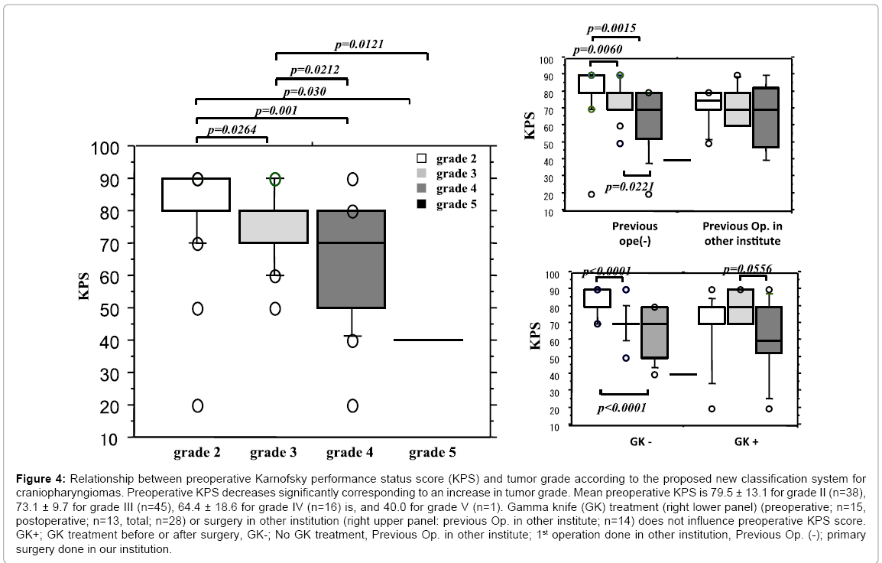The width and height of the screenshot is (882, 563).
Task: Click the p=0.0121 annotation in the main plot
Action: pyautogui.click(x=359, y=44)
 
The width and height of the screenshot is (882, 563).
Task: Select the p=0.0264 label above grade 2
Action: pyautogui.click(x=232, y=129)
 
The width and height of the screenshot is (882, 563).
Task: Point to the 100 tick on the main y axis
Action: pyautogui.click(x=105, y=148)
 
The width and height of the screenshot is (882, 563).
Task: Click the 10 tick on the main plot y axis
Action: pyautogui.click(x=110, y=438)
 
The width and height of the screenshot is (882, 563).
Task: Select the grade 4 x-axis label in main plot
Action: pyautogui.click(x=349, y=452)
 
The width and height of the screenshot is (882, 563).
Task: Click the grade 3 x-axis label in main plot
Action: pyautogui.click(x=273, y=452)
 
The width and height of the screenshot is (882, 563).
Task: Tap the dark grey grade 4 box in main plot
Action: pyautogui.click(x=352, y=259)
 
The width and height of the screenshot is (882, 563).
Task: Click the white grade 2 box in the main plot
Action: pyautogui.click(x=196, y=194)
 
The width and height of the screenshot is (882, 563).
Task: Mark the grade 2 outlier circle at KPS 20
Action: pyautogui.click(x=197, y=405)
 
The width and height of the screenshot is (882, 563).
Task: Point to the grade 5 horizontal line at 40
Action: pyautogui.click(x=428, y=340)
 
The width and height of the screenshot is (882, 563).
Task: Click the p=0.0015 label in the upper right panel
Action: pyautogui.click(x=611, y=28)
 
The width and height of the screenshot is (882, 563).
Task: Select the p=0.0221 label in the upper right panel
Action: pyautogui.click(x=630, y=187)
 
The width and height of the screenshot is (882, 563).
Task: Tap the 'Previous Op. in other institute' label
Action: pyautogui.click(x=742, y=233)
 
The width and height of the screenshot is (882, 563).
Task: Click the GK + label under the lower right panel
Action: pyautogui.click(x=747, y=441)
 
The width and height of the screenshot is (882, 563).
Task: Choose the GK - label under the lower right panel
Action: pyautogui.click(x=640, y=441)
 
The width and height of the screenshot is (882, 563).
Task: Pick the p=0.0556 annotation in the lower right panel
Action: pyautogui.click(x=747, y=269)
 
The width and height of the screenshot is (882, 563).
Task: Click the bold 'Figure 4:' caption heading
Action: pyautogui.click(x=41, y=479)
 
